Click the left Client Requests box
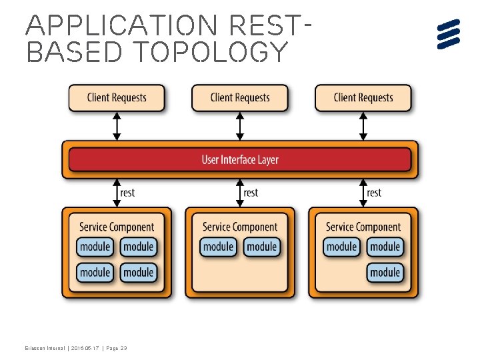tap(117, 98)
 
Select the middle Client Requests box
tap(240, 98)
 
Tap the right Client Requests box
tap(363, 98)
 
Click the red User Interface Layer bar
tap(240, 160)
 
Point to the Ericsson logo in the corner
tap(449, 34)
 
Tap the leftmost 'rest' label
tap(127, 193)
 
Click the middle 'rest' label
tap(250, 193)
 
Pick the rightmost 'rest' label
tap(373, 193)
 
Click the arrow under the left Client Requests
tap(117, 126)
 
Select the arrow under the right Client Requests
tap(363, 126)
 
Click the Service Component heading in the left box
tap(117, 227)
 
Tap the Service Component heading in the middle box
tap(240, 227)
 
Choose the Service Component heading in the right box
tap(363, 227)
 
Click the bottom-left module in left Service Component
tap(95, 272)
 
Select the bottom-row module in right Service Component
tap(385, 272)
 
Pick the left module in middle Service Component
tap(219, 247)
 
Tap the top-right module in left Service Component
tap(138, 247)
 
